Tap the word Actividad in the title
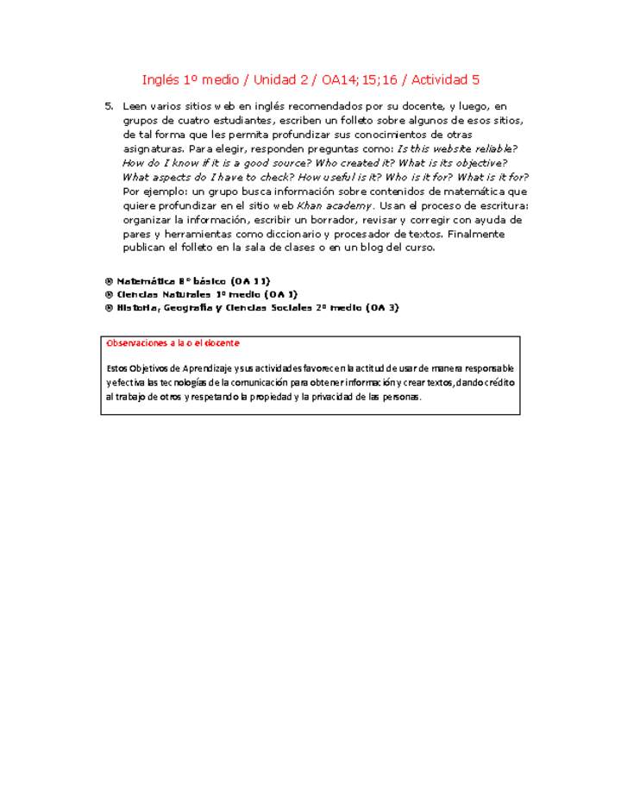[x=439, y=80]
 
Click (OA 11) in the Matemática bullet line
[x=250, y=280]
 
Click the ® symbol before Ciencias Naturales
[x=109, y=294]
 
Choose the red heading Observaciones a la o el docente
[x=160, y=343]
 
